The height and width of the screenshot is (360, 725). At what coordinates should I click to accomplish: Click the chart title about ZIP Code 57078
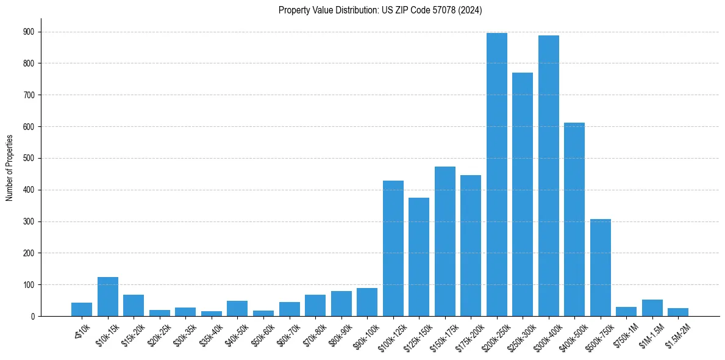point(380,10)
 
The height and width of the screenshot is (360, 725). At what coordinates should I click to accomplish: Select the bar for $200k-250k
point(497,175)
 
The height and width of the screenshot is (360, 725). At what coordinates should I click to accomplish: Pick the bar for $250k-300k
point(523,194)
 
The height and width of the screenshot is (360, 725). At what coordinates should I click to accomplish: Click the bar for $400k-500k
point(574,220)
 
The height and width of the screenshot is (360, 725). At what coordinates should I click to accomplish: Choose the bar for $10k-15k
point(108,297)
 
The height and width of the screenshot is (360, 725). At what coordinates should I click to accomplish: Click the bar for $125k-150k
point(419,257)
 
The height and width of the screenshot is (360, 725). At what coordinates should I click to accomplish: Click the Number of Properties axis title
point(10,168)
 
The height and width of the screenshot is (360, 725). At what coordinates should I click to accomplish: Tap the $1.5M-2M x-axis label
point(678,333)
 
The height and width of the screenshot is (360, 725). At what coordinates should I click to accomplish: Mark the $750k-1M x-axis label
point(626,333)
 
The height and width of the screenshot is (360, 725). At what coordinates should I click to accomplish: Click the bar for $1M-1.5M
point(652,308)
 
